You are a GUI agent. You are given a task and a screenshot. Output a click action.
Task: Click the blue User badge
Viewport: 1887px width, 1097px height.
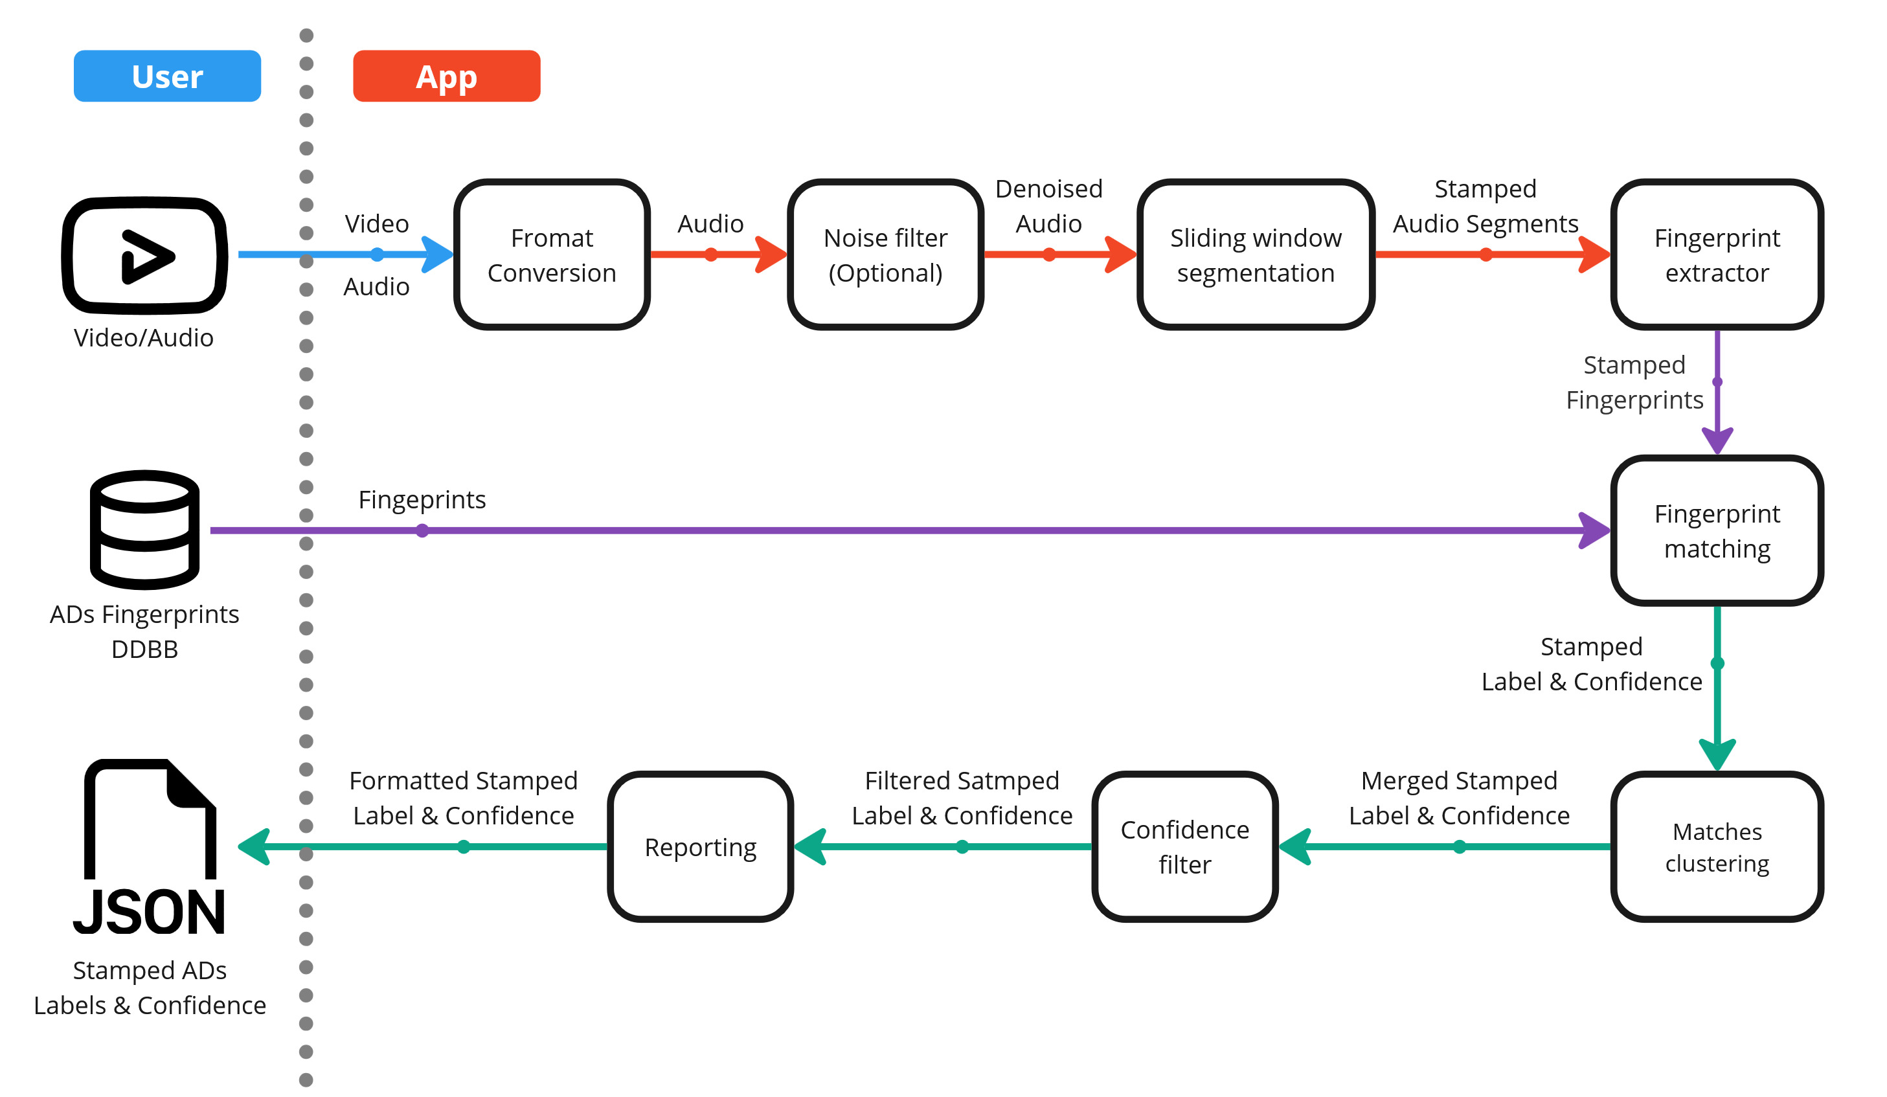point(167,76)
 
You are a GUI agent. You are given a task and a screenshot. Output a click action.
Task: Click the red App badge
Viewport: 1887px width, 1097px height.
point(446,76)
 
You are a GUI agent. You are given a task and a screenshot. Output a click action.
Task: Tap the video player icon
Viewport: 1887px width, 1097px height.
point(144,255)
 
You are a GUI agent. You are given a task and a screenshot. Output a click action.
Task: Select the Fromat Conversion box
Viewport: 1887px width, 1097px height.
point(552,254)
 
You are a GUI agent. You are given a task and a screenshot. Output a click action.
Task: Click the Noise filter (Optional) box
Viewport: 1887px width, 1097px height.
point(885,254)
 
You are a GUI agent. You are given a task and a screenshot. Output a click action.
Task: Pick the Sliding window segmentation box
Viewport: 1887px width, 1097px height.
point(1255,254)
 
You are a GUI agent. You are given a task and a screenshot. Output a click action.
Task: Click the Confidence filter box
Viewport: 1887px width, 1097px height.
point(1184,846)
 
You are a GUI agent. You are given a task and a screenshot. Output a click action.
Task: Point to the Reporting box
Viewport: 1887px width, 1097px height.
point(700,846)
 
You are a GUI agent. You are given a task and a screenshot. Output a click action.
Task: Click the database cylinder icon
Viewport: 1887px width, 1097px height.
point(144,530)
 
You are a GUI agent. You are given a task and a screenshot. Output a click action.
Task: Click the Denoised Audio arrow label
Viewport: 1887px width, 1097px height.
point(1048,206)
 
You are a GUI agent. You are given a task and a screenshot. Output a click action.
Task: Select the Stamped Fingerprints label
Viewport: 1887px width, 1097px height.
point(1634,382)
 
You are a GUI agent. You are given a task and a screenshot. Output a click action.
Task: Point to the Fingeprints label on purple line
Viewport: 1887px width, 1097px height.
point(422,499)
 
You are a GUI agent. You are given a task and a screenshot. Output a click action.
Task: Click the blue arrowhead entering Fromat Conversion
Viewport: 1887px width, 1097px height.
point(439,254)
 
